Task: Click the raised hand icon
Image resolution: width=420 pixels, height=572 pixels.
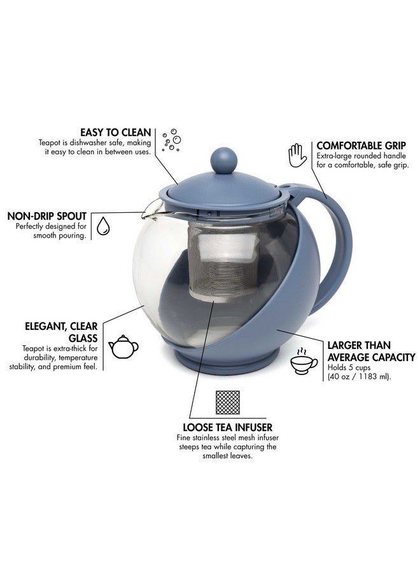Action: [x=297, y=154]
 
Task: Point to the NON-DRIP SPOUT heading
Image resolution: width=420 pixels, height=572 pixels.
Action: [x=46, y=216]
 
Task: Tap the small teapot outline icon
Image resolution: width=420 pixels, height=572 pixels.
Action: [x=123, y=347]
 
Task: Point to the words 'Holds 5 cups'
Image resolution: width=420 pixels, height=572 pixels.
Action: [x=350, y=367]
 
